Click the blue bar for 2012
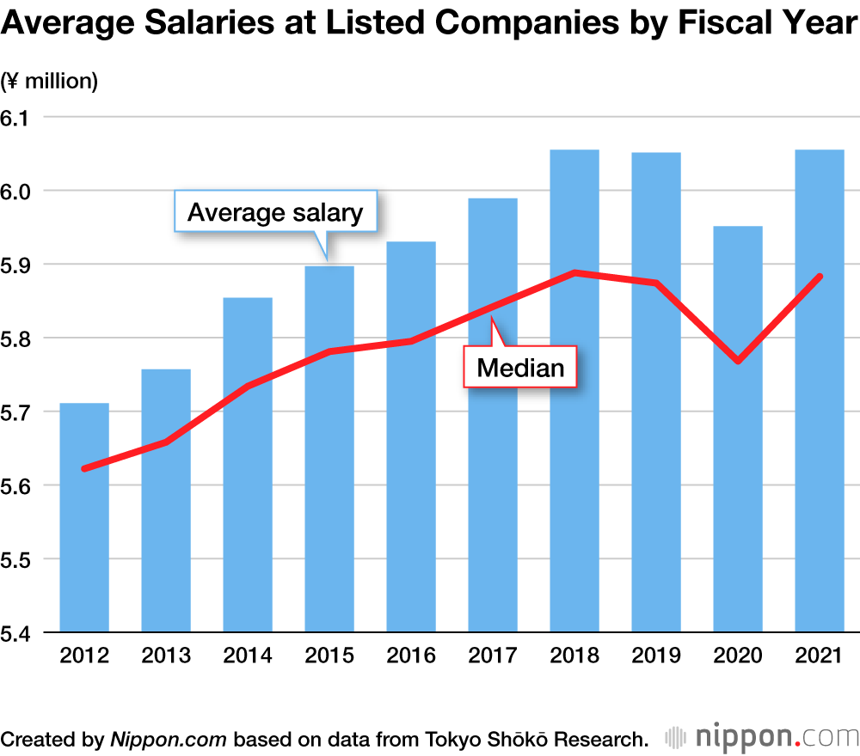pos(84,533)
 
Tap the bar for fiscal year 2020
pos(738,515)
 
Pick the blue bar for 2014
pos(248,515)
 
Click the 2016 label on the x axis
pos(411,656)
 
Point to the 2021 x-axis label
pos(820,656)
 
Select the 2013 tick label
pos(166,656)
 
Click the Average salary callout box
pos(275,211)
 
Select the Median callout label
pos(520,369)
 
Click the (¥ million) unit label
pos(50,82)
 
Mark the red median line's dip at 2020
pos(738,361)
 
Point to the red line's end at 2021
pos(820,277)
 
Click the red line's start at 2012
pos(84,468)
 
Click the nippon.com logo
pos(763,738)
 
